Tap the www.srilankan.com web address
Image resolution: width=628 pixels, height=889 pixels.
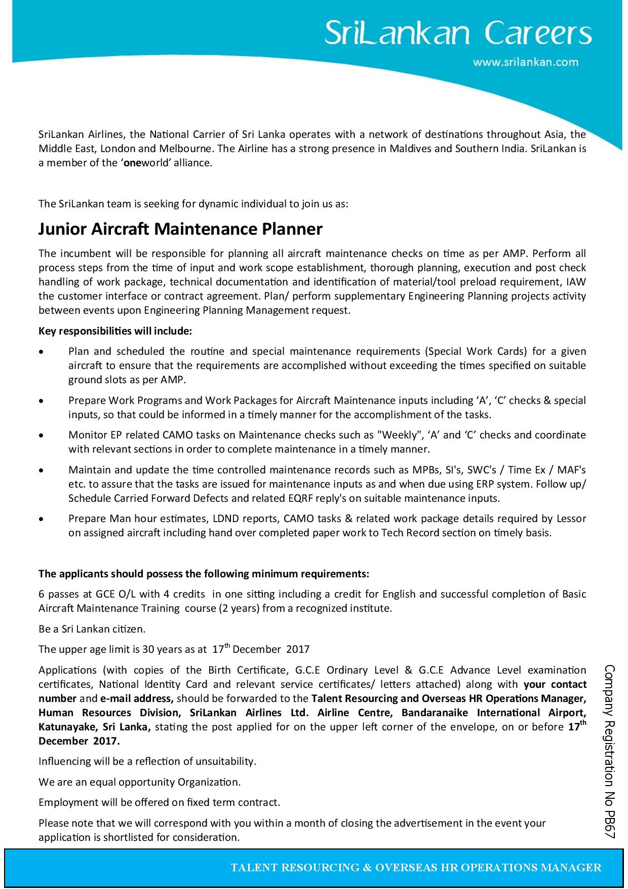pos(525,62)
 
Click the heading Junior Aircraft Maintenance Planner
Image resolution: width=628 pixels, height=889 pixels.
pos(180,230)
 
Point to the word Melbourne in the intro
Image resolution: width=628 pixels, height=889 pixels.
pos(183,149)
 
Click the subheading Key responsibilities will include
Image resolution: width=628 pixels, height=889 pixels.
pos(115,331)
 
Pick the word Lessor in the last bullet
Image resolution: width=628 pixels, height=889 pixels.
pos(571,518)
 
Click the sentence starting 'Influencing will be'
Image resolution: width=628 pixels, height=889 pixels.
pos(147,761)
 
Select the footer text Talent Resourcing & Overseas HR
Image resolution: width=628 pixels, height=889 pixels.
pos(416,868)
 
